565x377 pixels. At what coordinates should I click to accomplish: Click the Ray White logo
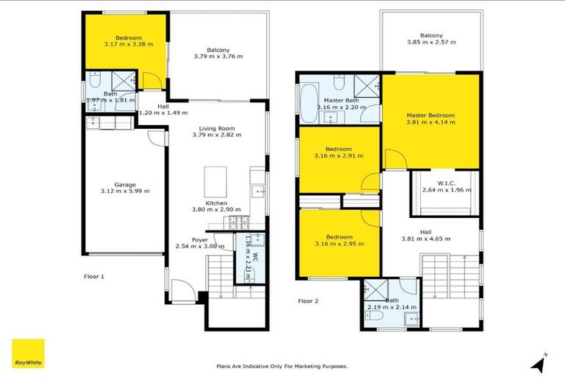coord(28,354)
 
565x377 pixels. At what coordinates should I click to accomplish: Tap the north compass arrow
coord(539,362)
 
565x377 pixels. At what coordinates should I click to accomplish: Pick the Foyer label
coord(199,239)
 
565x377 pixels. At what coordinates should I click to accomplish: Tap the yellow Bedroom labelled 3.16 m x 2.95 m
coord(338,241)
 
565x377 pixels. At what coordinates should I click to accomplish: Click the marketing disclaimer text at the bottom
coord(282,366)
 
